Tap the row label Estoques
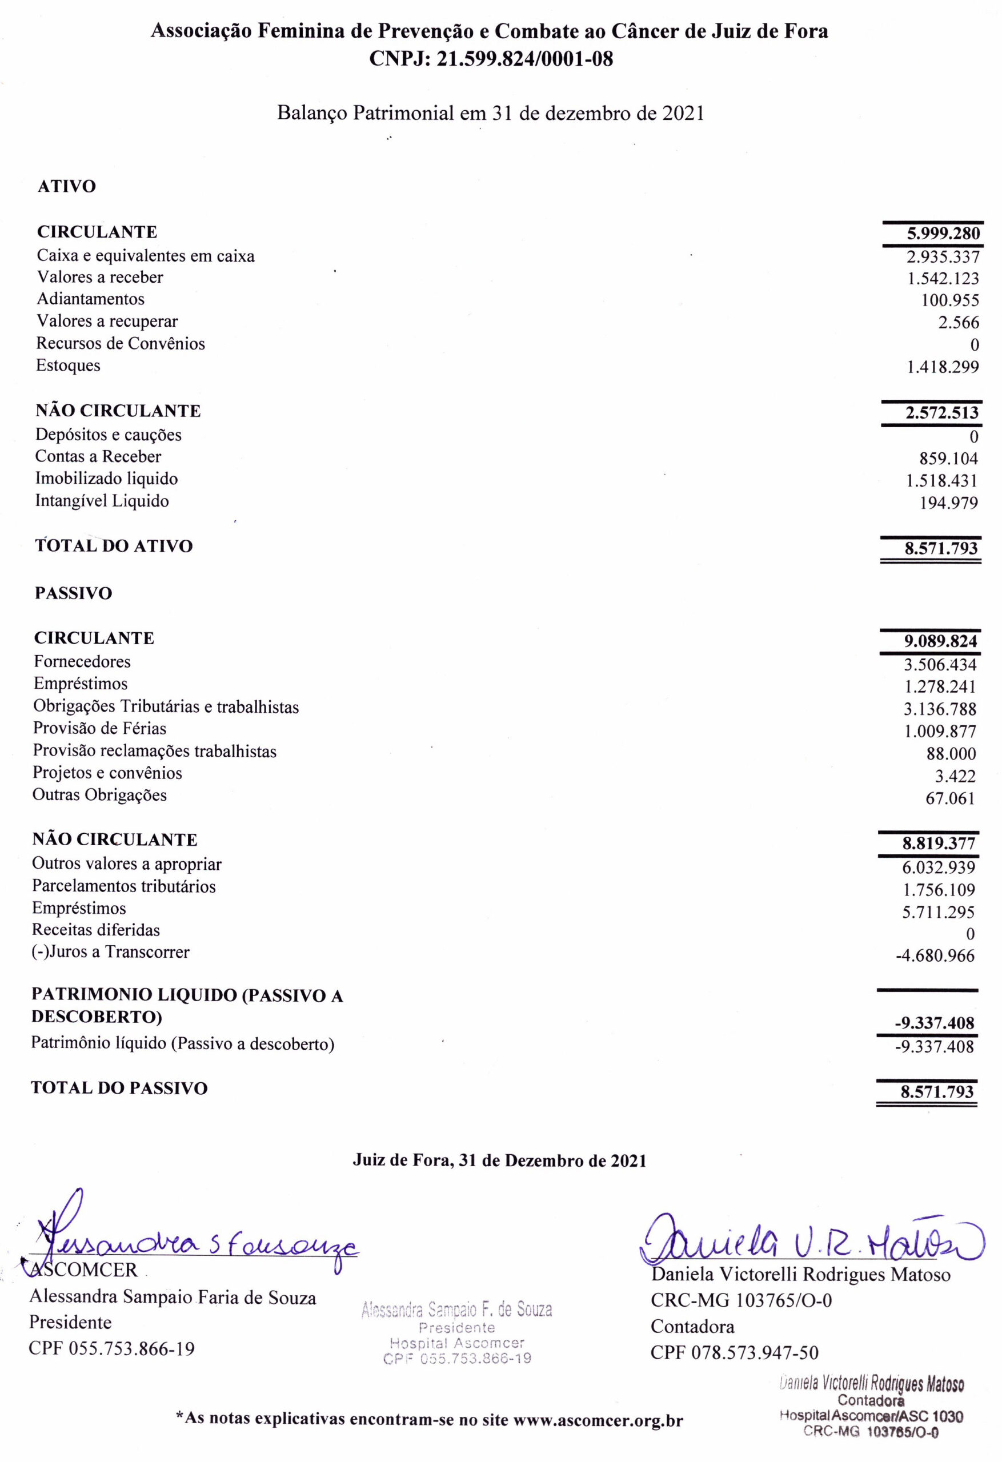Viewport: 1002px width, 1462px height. click(x=68, y=365)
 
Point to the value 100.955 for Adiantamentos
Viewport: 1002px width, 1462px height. click(x=950, y=300)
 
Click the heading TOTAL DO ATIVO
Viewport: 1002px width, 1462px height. click(x=114, y=546)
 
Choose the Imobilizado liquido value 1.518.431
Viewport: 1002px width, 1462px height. click(x=941, y=481)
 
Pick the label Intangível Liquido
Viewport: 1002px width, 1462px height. click(x=102, y=501)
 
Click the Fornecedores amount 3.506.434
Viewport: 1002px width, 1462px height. click(x=940, y=665)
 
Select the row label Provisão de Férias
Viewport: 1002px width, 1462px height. click(x=99, y=729)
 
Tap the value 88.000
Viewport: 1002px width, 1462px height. click(x=951, y=754)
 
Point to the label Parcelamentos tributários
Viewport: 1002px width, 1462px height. click(x=124, y=886)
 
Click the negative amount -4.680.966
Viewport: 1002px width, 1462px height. click(x=935, y=955)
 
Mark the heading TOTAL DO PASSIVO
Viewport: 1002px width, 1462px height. click(x=119, y=1089)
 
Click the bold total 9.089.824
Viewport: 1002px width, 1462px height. click(x=940, y=642)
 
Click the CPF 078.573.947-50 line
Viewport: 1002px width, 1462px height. click(x=735, y=1352)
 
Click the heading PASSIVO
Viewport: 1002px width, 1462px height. click(x=74, y=594)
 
